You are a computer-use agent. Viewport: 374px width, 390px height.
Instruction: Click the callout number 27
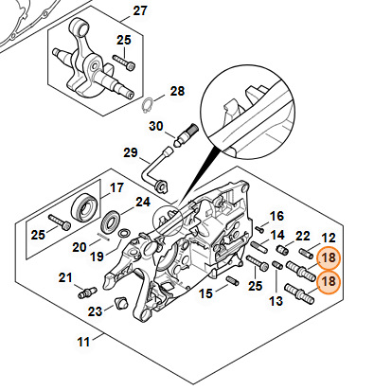click(140, 11)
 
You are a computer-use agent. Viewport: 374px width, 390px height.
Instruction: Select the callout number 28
click(177, 92)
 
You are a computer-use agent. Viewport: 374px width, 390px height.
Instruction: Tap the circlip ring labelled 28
click(148, 106)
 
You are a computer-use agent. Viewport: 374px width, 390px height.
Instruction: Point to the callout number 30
click(156, 127)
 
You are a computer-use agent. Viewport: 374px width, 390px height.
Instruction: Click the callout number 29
click(131, 153)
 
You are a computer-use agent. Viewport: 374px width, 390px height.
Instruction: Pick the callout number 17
click(116, 188)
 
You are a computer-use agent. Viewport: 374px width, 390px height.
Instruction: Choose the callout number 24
click(143, 203)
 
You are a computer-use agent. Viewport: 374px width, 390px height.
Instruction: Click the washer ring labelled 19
click(124, 234)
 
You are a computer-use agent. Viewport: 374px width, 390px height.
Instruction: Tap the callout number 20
click(80, 247)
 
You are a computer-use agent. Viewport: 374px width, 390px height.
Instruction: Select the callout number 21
click(65, 278)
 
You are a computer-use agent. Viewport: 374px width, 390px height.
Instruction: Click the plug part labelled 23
click(122, 303)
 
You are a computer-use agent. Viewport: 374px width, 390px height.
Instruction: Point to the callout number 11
click(83, 342)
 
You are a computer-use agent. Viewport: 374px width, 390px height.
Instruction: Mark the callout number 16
click(276, 217)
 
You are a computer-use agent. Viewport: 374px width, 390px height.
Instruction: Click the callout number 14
click(277, 235)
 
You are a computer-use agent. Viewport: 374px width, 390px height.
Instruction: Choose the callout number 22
click(303, 236)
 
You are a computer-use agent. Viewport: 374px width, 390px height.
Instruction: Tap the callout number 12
click(328, 238)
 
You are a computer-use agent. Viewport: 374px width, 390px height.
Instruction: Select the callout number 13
click(276, 301)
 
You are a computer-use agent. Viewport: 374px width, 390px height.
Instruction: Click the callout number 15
click(206, 293)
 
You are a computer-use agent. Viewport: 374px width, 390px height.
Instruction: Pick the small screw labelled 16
click(259, 228)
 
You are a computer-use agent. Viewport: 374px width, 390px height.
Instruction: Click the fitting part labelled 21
click(87, 292)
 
